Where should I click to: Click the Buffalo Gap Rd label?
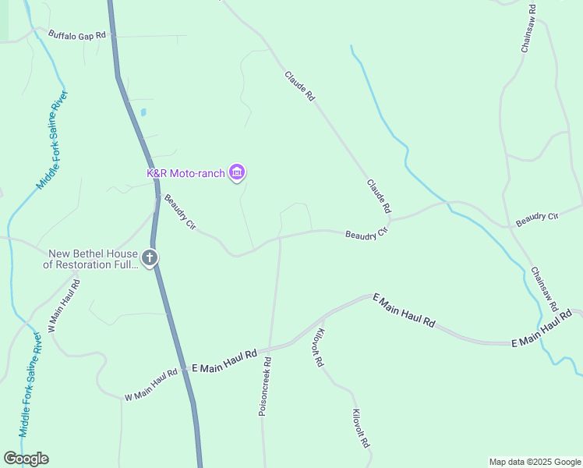pyautogui.click(x=76, y=34)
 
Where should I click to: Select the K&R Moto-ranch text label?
pyautogui.click(x=185, y=172)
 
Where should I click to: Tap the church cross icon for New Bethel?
pyautogui.click(x=150, y=258)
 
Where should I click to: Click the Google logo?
pyautogui.click(x=26, y=459)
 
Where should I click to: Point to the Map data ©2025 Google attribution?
pyautogui.click(x=535, y=462)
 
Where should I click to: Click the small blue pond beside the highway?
pyautogui.click(x=143, y=112)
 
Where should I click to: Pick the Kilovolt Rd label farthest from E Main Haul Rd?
pyautogui.click(x=359, y=428)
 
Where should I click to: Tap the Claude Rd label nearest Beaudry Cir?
pyautogui.click(x=379, y=197)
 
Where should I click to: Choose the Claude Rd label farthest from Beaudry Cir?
pyautogui.click(x=299, y=87)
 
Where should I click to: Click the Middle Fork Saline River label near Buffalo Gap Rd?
pyautogui.click(x=53, y=140)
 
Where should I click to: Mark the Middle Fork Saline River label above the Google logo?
pyautogui.click(x=30, y=385)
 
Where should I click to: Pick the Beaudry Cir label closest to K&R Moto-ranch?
pyautogui.click(x=180, y=211)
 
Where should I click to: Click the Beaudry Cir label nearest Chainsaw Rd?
pyautogui.click(x=538, y=218)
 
